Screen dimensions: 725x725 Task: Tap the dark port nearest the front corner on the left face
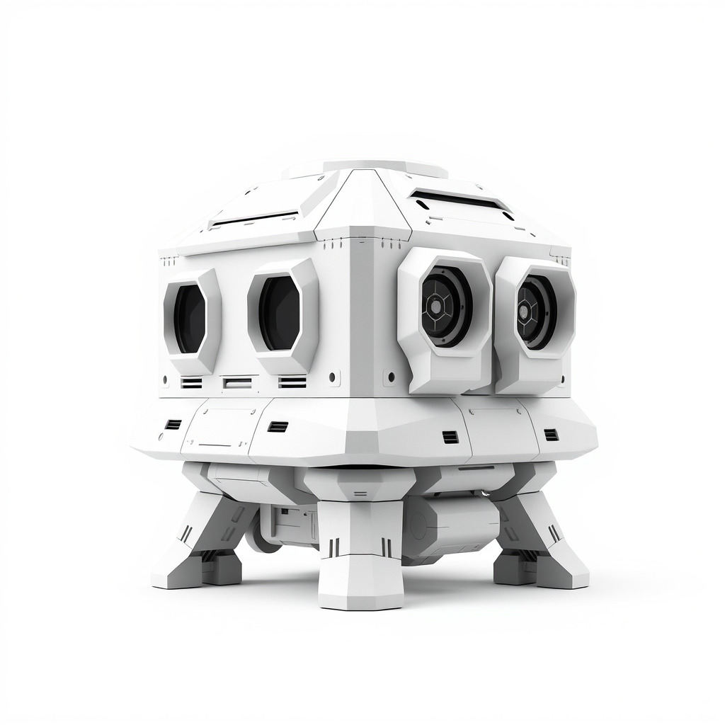[280, 312]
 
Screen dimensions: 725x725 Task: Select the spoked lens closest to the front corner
[446, 306]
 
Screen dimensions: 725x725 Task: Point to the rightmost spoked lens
[536, 311]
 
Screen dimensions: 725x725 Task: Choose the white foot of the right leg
[563, 570]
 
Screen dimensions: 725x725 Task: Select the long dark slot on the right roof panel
[460, 200]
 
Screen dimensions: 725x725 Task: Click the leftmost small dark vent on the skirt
[173, 424]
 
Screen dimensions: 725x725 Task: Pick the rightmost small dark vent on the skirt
[551, 434]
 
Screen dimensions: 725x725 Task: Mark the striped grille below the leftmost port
[191, 383]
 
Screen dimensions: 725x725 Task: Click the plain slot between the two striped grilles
[237, 383]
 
